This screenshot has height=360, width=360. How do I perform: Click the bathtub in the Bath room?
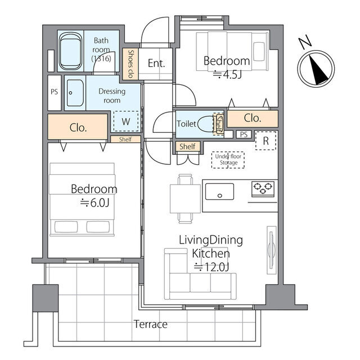pyautogui.click(x=70, y=51)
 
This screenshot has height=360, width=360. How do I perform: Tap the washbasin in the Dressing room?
pyautogui.click(x=75, y=93)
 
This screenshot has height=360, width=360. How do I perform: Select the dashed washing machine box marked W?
pyautogui.click(x=126, y=121)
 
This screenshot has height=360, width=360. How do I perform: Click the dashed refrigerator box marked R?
pyautogui.click(x=265, y=141)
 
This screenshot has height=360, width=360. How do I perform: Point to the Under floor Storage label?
pyautogui.click(x=228, y=160)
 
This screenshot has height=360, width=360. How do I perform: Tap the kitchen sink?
pyautogui.click(x=219, y=191)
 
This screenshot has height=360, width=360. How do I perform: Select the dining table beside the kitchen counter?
pyautogui.click(x=185, y=199)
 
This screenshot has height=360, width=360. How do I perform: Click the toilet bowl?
pyautogui.click(x=206, y=124)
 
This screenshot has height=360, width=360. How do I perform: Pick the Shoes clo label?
pyautogui.click(x=130, y=64)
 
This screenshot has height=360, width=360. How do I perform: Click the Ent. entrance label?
pyautogui.click(x=156, y=63)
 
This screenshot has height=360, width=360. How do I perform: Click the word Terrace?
pyautogui.click(x=151, y=324)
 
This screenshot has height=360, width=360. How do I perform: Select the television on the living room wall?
pyautogui.click(x=272, y=250)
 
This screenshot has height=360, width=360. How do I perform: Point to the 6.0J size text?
pyautogui.click(x=94, y=202)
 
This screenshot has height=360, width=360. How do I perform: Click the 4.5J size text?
pyautogui.click(x=227, y=75)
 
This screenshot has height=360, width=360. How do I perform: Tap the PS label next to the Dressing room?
pyautogui.click(x=55, y=92)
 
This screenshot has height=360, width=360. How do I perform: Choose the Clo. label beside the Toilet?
pyautogui.click(x=253, y=118)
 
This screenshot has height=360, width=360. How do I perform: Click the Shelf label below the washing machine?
pyautogui.click(x=125, y=139)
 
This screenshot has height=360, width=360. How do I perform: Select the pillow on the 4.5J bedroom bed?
pyautogui.click(x=259, y=51)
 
